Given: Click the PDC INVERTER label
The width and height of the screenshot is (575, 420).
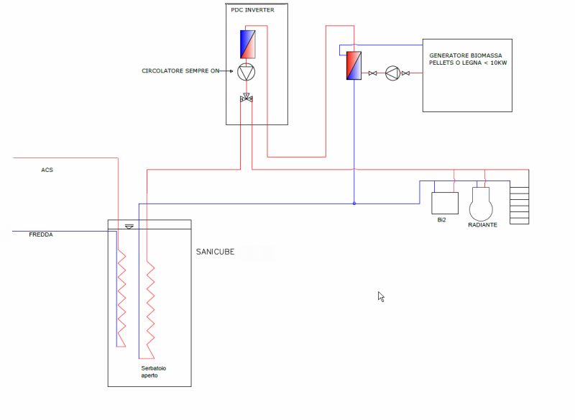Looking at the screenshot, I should click(252, 9).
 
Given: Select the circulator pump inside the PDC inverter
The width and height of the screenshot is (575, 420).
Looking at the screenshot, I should click(246, 71).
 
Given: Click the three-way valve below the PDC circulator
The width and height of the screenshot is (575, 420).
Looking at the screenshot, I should click(246, 98).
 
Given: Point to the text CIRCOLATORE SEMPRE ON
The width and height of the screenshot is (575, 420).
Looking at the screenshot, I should click(180, 71).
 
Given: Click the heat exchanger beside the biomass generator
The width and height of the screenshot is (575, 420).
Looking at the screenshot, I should click(354, 65).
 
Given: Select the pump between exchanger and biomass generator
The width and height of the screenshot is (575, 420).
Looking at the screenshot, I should click(392, 73).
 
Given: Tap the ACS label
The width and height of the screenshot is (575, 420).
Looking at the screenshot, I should click(47, 170).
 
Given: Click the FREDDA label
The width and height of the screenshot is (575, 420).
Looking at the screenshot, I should click(41, 235).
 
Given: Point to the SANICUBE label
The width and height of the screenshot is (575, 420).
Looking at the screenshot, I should click(216, 252).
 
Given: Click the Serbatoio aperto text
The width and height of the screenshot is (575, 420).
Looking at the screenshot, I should click(155, 372).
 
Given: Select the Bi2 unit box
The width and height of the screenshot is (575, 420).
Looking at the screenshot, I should click(444, 204).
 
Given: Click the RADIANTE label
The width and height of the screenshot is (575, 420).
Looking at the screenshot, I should click(482, 224).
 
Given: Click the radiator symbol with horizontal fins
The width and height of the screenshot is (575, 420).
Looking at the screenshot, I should click(519, 206).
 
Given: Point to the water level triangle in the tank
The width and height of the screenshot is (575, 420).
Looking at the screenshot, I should click(129, 227).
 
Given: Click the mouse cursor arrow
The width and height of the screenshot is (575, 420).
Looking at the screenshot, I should click(381, 296).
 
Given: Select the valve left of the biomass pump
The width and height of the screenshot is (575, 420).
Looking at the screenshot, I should click(373, 73).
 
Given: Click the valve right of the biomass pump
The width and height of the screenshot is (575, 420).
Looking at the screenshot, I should click(405, 73).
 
